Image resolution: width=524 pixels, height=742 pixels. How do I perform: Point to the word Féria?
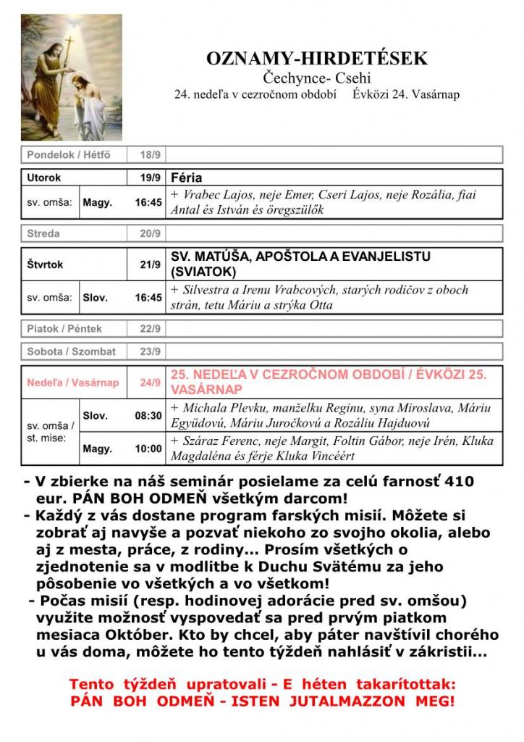pyautogui.click(x=187, y=178)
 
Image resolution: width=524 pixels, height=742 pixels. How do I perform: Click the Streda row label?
pyautogui.click(x=43, y=233)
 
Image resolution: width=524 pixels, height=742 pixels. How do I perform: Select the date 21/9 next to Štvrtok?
pyautogui.click(x=151, y=264)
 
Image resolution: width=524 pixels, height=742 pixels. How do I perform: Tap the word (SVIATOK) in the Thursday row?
pyautogui.click(x=203, y=272)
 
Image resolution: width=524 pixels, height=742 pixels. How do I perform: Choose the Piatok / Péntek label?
pyautogui.click(x=64, y=328)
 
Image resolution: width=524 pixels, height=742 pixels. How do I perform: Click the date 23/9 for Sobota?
pyautogui.click(x=150, y=351)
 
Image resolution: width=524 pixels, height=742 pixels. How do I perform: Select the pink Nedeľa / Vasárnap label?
pyautogui.click(x=72, y=382)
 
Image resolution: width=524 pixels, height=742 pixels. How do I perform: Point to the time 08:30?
pyautogui.click(x=148, y=416)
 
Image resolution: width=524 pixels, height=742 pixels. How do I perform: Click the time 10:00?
pyautogui.click(x=148, y=449)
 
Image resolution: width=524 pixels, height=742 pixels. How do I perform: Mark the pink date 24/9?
pyautogui.click(x=151, y=382)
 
